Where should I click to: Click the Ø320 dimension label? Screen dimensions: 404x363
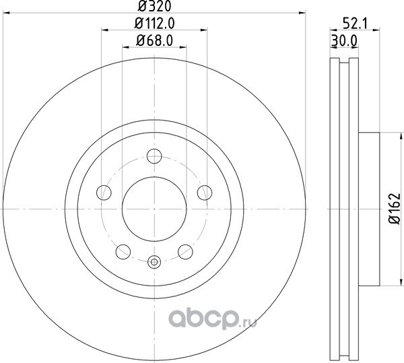pyautogui.click(x=154, y=6)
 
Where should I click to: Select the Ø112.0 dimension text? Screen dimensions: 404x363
pyautogui.click(x=155, y=24)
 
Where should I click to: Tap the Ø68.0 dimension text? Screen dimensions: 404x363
pyautogui.click(x=154, y=40)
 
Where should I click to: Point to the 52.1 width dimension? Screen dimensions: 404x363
pyautogui.click(x=355, y=24)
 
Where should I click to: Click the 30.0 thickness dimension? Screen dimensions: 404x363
pyautogui.click(x=344, y=40)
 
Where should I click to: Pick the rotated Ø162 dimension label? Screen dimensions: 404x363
pyautogui.click(x=395, y=208)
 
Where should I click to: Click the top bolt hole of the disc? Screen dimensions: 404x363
pyautogui.click(x=154, y=156)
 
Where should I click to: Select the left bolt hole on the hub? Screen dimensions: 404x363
pyautogui.click(x=104, y=193)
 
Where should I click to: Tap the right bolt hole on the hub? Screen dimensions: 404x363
pyautogui.click(x=205, y=193)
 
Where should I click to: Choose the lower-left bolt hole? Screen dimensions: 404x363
pyautogui.click(x=123, y=252)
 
